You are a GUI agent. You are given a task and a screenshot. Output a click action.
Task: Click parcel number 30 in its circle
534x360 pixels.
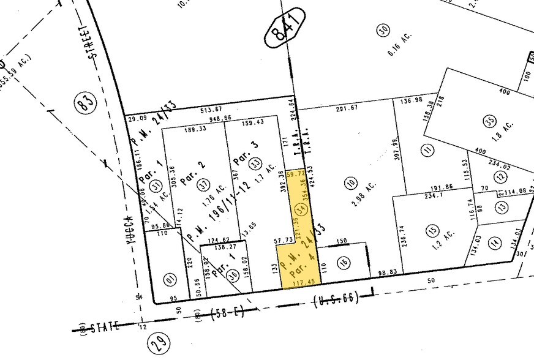tap(384, 31)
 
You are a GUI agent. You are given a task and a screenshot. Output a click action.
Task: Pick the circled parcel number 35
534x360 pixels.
tap(488, 121)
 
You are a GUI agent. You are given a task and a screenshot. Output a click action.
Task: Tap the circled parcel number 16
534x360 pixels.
tap(344, 262)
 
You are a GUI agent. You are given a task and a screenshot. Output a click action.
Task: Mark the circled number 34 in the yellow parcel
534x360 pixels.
tap(300, 210)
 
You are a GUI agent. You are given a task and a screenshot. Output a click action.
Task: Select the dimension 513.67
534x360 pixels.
tap(211, 110)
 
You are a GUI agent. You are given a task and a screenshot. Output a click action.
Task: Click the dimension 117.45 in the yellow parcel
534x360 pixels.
tap(300, 282)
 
